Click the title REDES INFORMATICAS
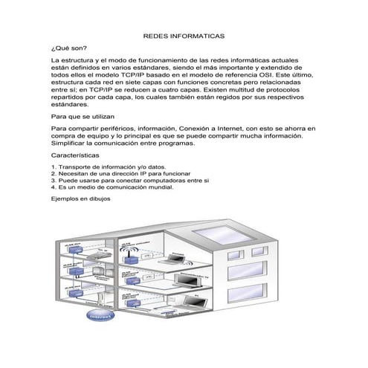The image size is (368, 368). click(x=183, y=35)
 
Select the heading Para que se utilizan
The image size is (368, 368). click(x=83, y=117)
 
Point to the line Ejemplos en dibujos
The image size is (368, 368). click(x=80, y=199)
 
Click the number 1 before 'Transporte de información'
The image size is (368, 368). click(x=53, y=167)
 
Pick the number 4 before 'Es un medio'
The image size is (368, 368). click(x=53, y=187)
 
